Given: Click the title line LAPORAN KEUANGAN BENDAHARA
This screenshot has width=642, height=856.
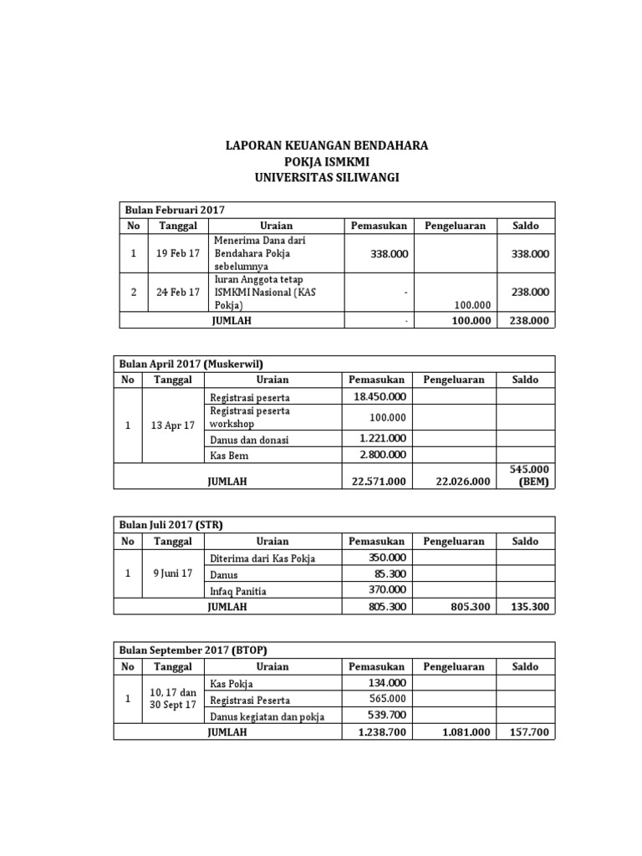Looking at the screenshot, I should (x=327, y=145).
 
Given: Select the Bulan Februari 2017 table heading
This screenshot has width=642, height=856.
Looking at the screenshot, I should (x=175, y=210).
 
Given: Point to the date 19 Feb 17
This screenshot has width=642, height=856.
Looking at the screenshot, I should (x=177, y=253).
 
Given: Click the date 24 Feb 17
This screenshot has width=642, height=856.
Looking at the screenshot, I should (x=177, y=292).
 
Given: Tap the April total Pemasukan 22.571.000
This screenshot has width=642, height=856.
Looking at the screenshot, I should (x=376, y=481).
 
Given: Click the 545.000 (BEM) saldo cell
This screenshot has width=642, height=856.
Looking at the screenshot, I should (x=527, y=476).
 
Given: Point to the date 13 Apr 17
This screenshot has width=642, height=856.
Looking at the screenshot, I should (x=172, y=425).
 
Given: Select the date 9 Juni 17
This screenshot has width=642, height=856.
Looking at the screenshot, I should (x=172, y=573).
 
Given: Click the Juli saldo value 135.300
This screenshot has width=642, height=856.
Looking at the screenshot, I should (x=527, y=607).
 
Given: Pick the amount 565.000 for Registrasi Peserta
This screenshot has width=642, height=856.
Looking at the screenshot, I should (x=386, y=699).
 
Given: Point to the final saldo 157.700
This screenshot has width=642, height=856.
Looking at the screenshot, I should (x=527, y=731).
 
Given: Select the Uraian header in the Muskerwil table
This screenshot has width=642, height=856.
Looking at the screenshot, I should (x=273, y=380).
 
